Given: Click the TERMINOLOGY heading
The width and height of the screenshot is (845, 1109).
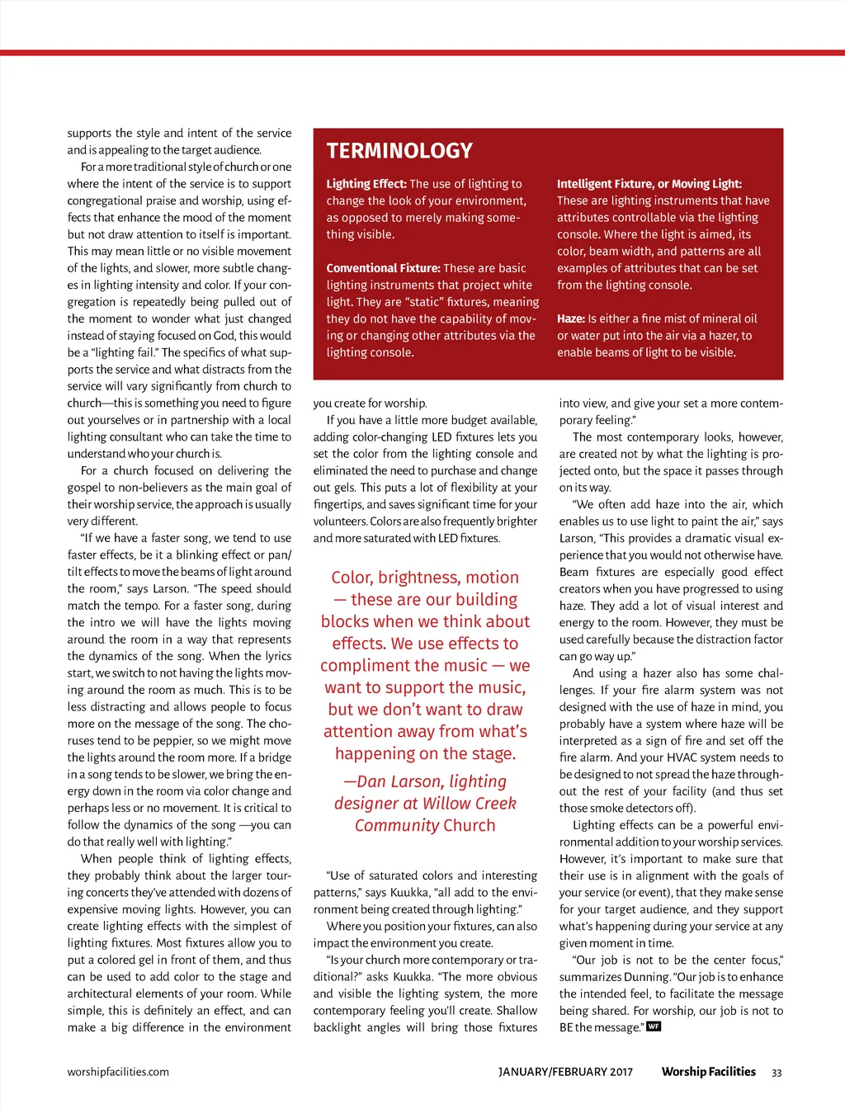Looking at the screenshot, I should (x=399, y=151).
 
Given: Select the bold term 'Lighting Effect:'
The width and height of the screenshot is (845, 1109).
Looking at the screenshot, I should (x=366, y=184).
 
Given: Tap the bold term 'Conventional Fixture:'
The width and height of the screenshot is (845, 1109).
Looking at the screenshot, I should (x=383, y=268).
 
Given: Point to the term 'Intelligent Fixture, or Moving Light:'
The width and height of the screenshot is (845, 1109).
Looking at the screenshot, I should (x=649, y=184).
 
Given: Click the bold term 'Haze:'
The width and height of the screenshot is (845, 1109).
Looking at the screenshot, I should (x=571, y=319).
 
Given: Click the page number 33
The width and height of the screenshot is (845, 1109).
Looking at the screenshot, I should (x=777, y=1073).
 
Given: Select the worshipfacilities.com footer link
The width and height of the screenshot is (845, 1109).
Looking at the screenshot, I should (x=118, y=1072).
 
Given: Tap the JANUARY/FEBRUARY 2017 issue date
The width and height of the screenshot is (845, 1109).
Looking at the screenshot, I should (x=565, y=1072).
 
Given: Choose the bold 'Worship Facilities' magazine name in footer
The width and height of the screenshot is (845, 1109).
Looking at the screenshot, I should (x=708, y=1072).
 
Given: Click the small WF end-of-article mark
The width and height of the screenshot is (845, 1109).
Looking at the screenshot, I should (x=654, y=1026).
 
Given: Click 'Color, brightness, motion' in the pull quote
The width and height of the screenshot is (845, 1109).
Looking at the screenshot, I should (x=425, y=578).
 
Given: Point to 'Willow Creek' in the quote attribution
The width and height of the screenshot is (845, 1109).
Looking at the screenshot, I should (x=466, y=804).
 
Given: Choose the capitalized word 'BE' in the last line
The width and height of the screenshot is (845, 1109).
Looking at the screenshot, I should (x=566, y=1027).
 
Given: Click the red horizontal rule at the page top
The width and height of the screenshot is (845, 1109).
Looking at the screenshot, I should (x=422, y=53).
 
